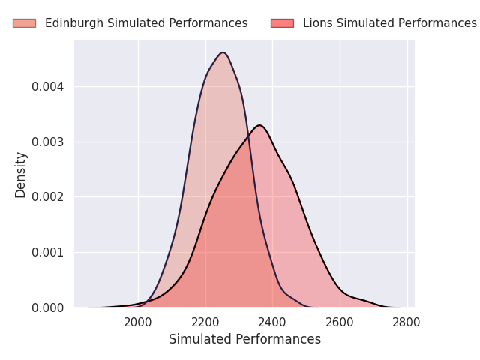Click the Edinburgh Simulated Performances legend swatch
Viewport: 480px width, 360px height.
pyautogui.click(x=24, y=23)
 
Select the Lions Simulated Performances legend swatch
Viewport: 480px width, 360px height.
pyautogui.click(x=282, y=23)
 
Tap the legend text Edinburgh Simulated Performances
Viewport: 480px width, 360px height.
pyautogui.click(x=146, y=23)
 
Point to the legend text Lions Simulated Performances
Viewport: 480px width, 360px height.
pyautogui.click(x=390, y=23)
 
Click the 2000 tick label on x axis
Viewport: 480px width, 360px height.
pyautogui.click(x=138, y=322)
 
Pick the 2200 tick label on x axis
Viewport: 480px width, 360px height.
pyautogui.click(x=205, y=322)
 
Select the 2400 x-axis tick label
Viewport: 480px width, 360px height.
pyautogui.click(x=272, y=322)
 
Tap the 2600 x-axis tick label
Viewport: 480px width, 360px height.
pyautogui.click(x=340, y=322)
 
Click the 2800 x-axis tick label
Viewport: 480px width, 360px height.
pyautogui.click(x=407, y=322)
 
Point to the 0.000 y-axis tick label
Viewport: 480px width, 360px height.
pyautogui.click(x=47, y=307)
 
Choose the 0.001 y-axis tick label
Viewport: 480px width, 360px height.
pyautogui.click(x=47, y=253)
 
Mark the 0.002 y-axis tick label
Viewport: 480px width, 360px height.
pyautogui.click(x=47, y=197)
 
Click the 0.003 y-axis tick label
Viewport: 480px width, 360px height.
pyautogui.click(x=47, y=142)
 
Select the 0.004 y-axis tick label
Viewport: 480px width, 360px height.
pyautogui.click(x=47, y=87)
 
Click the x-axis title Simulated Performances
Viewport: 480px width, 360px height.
pyautogui.click(x=244, y=339)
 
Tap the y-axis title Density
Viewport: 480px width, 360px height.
pyautogui.click(x=21, y=175)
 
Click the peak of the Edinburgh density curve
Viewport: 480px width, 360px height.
pyautogui.click(x=223, y=52)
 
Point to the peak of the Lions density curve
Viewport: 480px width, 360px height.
pyautogui.click(x=259, y=125)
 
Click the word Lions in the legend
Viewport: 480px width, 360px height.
pyautogui.click(x=317, y=23)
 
